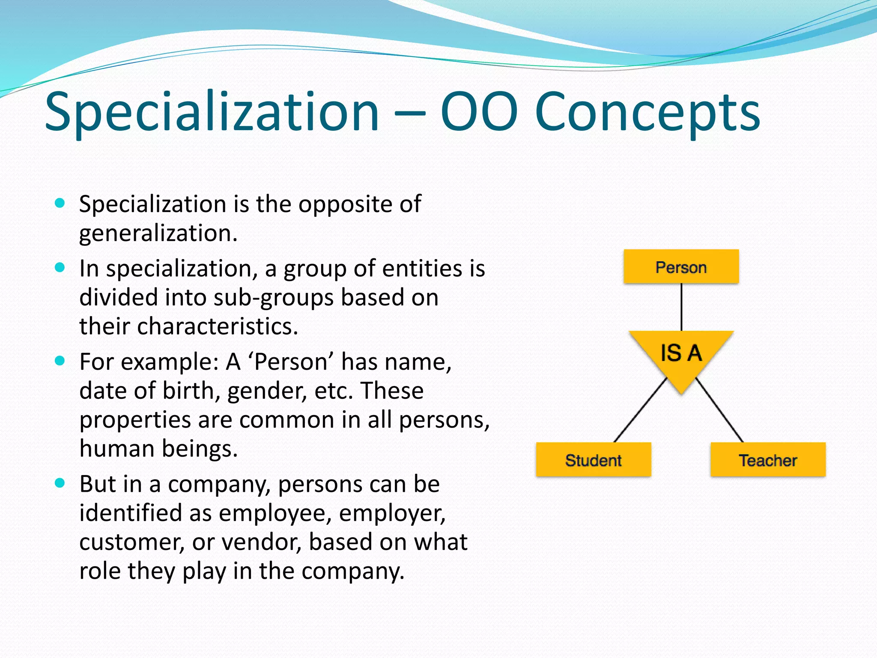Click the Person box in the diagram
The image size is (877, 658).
click(681, 266)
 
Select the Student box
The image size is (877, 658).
click(593, 460)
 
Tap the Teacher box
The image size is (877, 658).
click(768, 460)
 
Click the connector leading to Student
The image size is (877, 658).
click(640, 410)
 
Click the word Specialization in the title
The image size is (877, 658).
click(212, 112)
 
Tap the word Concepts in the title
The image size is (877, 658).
click(647, 112)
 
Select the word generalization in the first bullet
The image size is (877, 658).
click(158, 234)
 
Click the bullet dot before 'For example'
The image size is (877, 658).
click(60, 361)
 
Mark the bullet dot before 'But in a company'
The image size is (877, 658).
click(60, 483)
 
